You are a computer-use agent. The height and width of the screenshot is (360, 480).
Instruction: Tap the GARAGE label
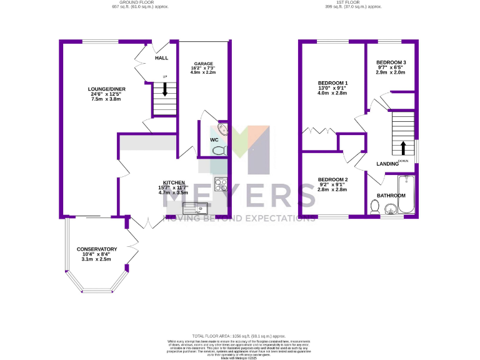(203, 64)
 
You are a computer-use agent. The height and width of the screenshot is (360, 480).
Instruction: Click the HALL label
(162, 58)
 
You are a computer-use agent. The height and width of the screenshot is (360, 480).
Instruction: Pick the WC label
(214, 139)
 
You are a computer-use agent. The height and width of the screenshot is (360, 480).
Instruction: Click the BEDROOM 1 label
(332, 84)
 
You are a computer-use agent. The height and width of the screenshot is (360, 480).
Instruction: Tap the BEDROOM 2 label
(332, 180)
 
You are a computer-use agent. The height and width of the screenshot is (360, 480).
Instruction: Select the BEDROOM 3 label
(391, 62)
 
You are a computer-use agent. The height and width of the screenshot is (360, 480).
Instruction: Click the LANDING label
(387, 164)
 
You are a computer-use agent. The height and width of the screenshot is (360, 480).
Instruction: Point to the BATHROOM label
(391, 196)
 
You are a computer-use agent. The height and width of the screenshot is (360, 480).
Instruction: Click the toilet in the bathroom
(375, 206)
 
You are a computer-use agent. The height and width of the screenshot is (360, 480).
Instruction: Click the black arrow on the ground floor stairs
(165, 89)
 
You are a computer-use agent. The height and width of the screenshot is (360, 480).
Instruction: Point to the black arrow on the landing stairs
(403, 147)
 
